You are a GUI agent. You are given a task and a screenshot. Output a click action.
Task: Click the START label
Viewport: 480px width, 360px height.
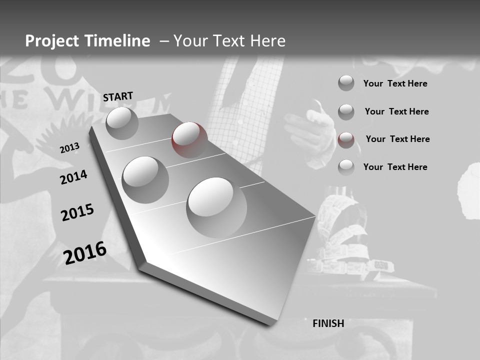point(118,96)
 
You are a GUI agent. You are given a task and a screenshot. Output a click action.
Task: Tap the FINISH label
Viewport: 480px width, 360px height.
point(328,323)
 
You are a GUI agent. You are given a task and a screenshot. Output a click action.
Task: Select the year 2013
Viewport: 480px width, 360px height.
point(69,148)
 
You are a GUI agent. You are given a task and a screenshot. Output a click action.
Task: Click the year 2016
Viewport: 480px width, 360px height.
point(85,253)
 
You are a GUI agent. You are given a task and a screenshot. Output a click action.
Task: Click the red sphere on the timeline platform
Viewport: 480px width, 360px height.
point(189,139)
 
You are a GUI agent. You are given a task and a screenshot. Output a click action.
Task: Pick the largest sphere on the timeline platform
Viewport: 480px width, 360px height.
point(216,207)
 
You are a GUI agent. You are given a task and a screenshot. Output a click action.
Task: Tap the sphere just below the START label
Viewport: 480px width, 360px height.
point(122,123)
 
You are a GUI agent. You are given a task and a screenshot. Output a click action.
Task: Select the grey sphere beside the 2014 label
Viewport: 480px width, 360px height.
point(145,179)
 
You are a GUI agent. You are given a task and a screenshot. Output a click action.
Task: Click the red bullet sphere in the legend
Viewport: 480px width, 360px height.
point(346,140)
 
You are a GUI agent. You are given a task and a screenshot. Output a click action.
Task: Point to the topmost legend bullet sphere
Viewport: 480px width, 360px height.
point(346,83)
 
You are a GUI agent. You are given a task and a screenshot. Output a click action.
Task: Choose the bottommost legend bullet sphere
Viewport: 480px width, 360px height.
point(346,167)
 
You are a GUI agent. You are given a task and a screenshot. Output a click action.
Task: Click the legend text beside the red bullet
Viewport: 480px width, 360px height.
point(397,139)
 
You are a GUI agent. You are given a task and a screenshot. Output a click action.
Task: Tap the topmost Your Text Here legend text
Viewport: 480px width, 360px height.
point(395,83)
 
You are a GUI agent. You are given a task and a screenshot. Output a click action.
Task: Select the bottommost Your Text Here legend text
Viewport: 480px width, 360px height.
point(395,167)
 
